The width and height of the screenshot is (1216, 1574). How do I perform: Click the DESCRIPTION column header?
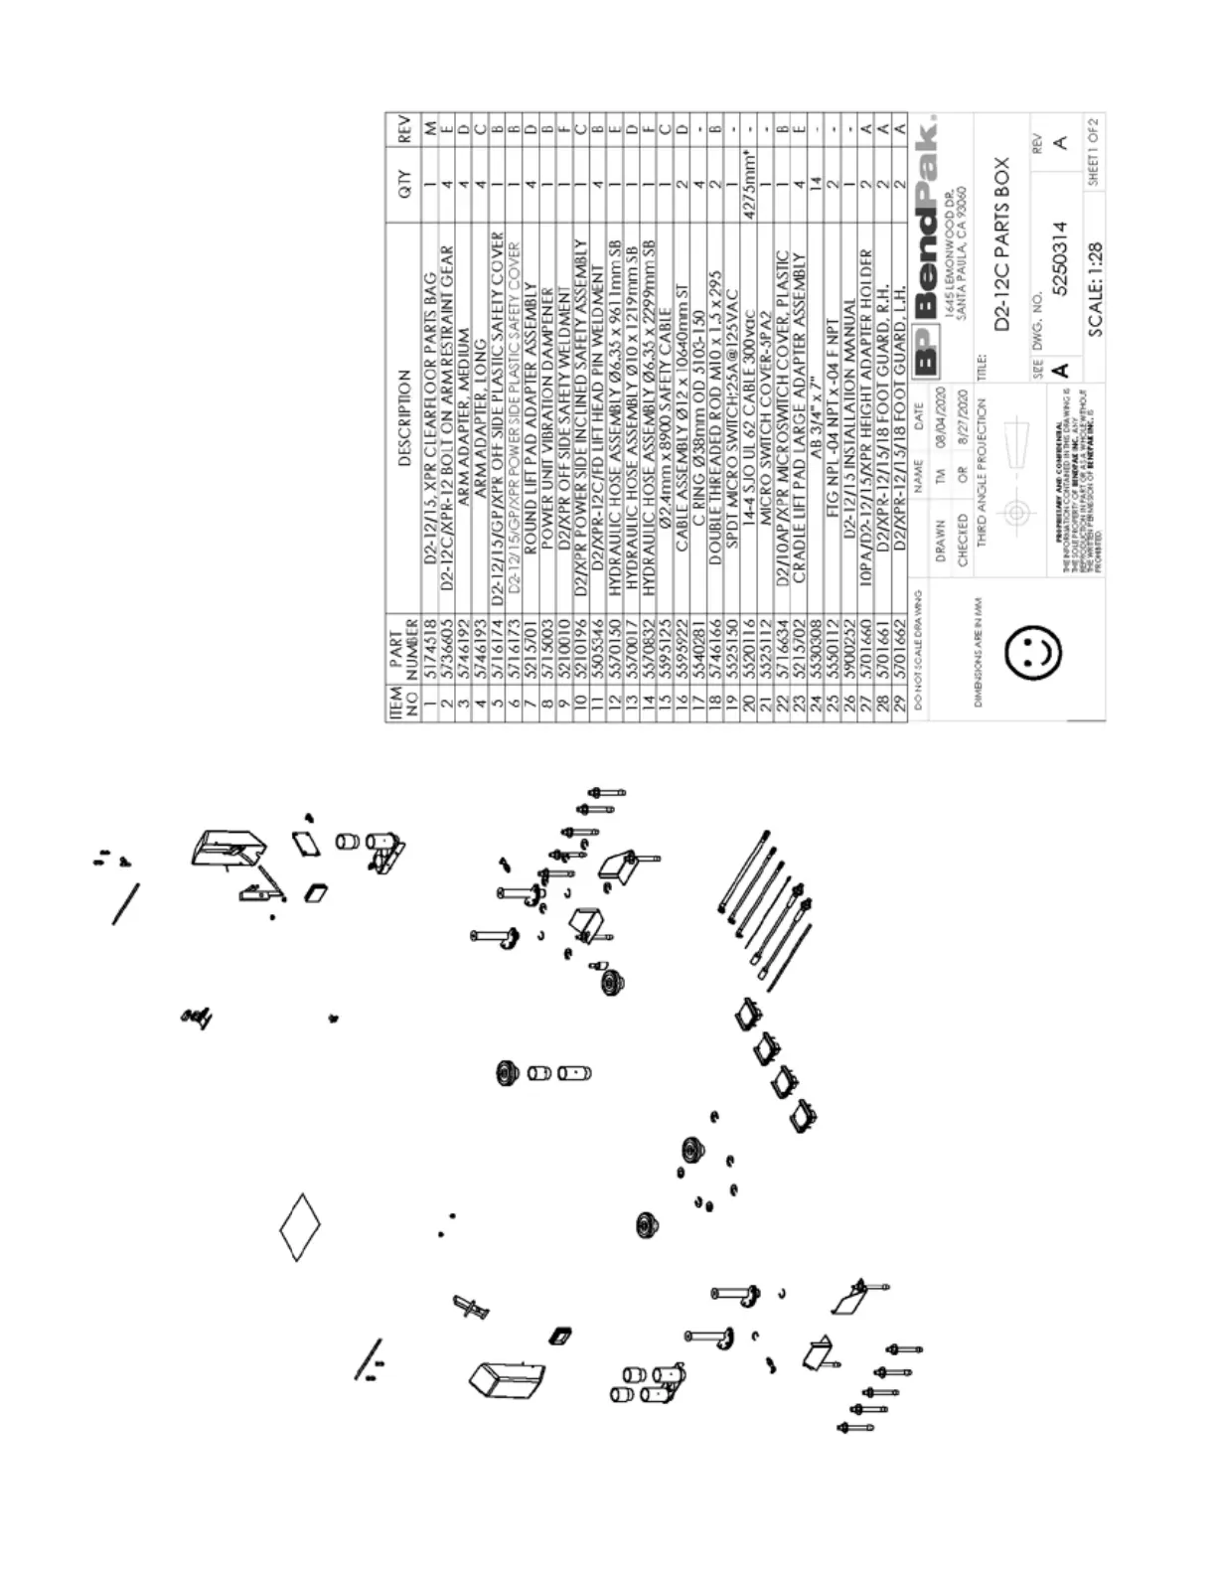[403, 418]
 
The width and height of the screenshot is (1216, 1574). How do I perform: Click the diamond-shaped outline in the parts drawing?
[299, 1228]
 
